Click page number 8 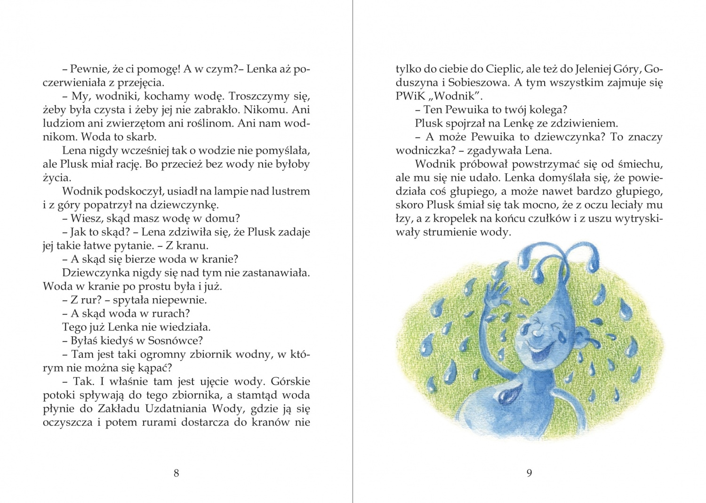[176, 473]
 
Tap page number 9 [529, 473]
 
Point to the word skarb [142, 137]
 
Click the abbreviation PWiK [411, 96]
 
